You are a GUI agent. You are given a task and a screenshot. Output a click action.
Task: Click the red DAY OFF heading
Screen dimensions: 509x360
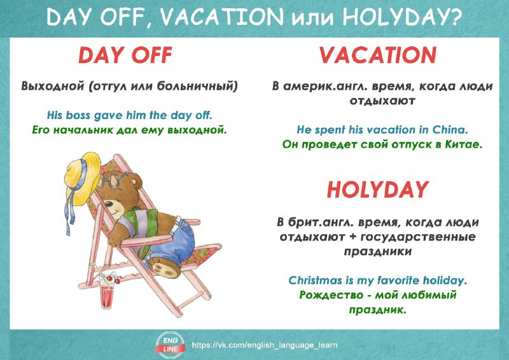(125, 55)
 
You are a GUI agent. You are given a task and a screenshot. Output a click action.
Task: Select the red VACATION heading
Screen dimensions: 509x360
(378, 55)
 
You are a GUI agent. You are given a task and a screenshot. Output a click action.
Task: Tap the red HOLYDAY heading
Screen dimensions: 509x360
(378, 190)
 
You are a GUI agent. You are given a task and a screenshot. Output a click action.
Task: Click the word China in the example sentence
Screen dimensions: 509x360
(450, 130)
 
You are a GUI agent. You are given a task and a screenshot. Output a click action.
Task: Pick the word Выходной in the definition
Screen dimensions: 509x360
(53, 86)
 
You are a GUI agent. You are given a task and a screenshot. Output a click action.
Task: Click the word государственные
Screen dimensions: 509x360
(418, 237)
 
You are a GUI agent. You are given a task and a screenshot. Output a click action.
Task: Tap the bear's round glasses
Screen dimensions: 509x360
(112, 181)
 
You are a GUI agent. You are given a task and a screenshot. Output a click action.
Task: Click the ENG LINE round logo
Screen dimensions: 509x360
(171, 345)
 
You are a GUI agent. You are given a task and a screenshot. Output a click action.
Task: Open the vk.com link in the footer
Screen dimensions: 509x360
(265, 345)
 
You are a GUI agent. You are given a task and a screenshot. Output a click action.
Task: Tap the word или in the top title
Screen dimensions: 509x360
(312, 19)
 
